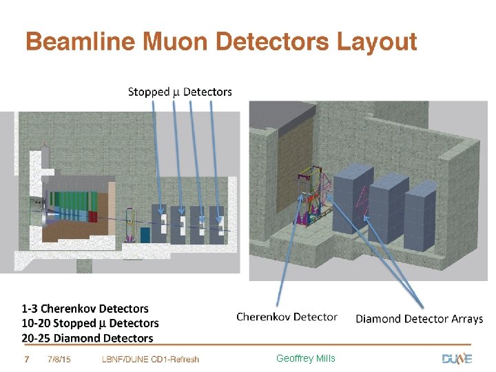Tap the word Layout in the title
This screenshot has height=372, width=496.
pos(376,43)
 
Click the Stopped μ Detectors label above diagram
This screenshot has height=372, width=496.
pos(180,92)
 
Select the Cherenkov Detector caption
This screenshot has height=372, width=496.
pos(287,317)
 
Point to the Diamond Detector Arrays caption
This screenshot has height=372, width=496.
pos(419,319)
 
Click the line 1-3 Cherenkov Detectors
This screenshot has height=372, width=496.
pos(85,309)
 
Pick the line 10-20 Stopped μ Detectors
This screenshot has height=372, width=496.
pos(90,323)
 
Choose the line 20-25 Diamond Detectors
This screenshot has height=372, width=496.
pos(87,338)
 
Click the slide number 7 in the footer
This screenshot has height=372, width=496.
pos(26,359)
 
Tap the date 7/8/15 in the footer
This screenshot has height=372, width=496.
pos(61,359)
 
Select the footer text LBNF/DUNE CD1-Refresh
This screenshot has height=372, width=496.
pos(150,359)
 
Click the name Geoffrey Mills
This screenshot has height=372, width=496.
pos(305,358)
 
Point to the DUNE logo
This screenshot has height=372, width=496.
pos(457,358)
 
